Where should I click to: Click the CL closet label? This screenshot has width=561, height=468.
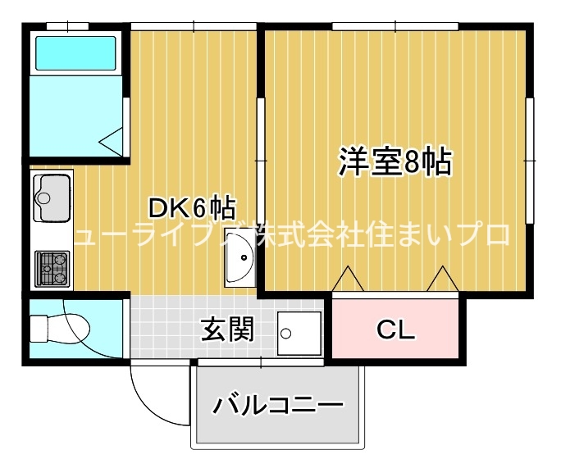click(396, 329)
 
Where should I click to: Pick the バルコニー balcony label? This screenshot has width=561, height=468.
click(277, 405)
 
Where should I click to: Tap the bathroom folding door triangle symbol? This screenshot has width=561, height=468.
click(113, 141)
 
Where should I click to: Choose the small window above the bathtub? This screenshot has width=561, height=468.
click(67, 27)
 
